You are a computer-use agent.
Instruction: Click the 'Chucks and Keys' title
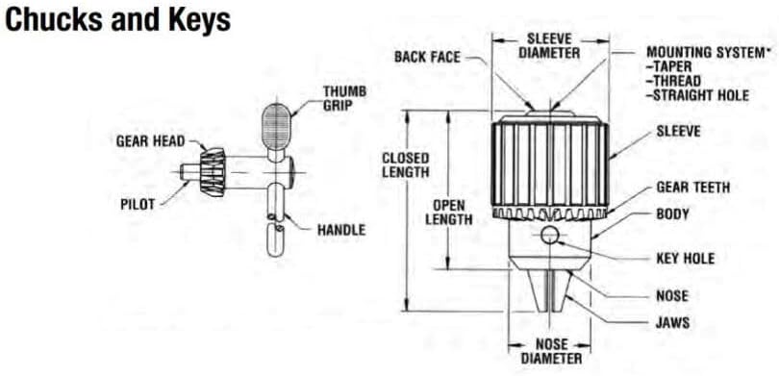pyautogui.click(x=117, y=21)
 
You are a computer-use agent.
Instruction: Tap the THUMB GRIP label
pyautogui.click(x=345, y=98)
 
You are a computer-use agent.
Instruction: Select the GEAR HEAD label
pyautogui.click(x=151, y=141)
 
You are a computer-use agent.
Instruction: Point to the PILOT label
pyautogui.click(x=138, y=204)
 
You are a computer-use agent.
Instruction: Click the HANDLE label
pyautogui.click(x=341, y=230)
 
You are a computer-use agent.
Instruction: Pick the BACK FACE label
pyautogui.click(x=427, y=57)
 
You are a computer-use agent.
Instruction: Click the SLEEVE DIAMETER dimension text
pyautogui.click(x=549, y=46)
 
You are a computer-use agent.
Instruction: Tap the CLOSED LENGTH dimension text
pyautogui.click(x=406, y=165)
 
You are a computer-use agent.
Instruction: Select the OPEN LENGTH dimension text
pyautogui.click(x=448, y=213)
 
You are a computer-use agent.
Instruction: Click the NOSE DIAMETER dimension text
pyautogui.click(x=551, y=351)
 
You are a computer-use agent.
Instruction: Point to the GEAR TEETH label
pyautogui.click(x=693, y=188)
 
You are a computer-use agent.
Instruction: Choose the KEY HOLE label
pyautogui.click(x=686, y=259)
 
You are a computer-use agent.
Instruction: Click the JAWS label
pyautogui.click(x=672, y=322)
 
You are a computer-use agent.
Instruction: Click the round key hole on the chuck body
pyautogui.click(x=550, y=235)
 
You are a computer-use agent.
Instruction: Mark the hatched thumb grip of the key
pyautogui.click(x=276, y=126)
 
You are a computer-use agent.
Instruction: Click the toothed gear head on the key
pyautogui.click(x=214, y=172)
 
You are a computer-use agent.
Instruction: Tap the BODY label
pyautogui.click(x=672, y=215)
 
